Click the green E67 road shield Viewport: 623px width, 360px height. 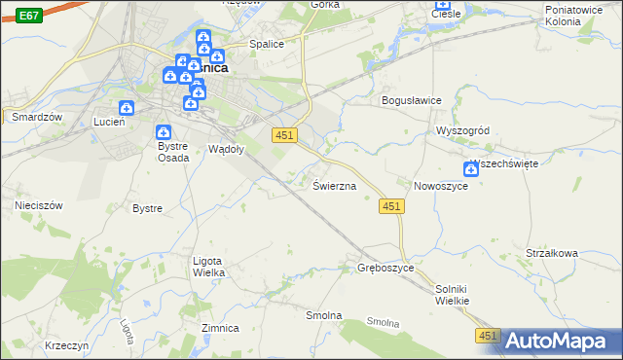pyautogui.click(x=29, y=16)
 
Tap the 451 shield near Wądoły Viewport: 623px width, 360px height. pyautogui.click(x=283, y=134)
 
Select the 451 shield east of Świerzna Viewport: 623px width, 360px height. pyautogui.click(x=390, y=206)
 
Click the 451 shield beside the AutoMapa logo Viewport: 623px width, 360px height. pyautogui.click(x=488, y=336)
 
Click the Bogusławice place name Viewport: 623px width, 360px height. pyautogui.click(x=412, y=100)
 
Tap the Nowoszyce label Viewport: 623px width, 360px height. pyautogui.click(x=441, y=185)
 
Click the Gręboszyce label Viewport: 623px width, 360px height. pyautogui.click(x=386, y=267)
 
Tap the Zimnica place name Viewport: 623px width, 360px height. pyautogui.click(x=220, y=328)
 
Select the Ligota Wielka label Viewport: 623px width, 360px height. pyautogui.click(x=209, y=267)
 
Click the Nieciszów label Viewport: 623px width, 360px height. pyautogui.click(x=39, y=205)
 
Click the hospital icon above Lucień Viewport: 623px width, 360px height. pyautogui.click(x=126, y=108)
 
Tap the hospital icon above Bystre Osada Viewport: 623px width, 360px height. pyautogui.click(x=164, y=131)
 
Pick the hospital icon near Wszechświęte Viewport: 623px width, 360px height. pyautogui.click(x=471, y=169)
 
